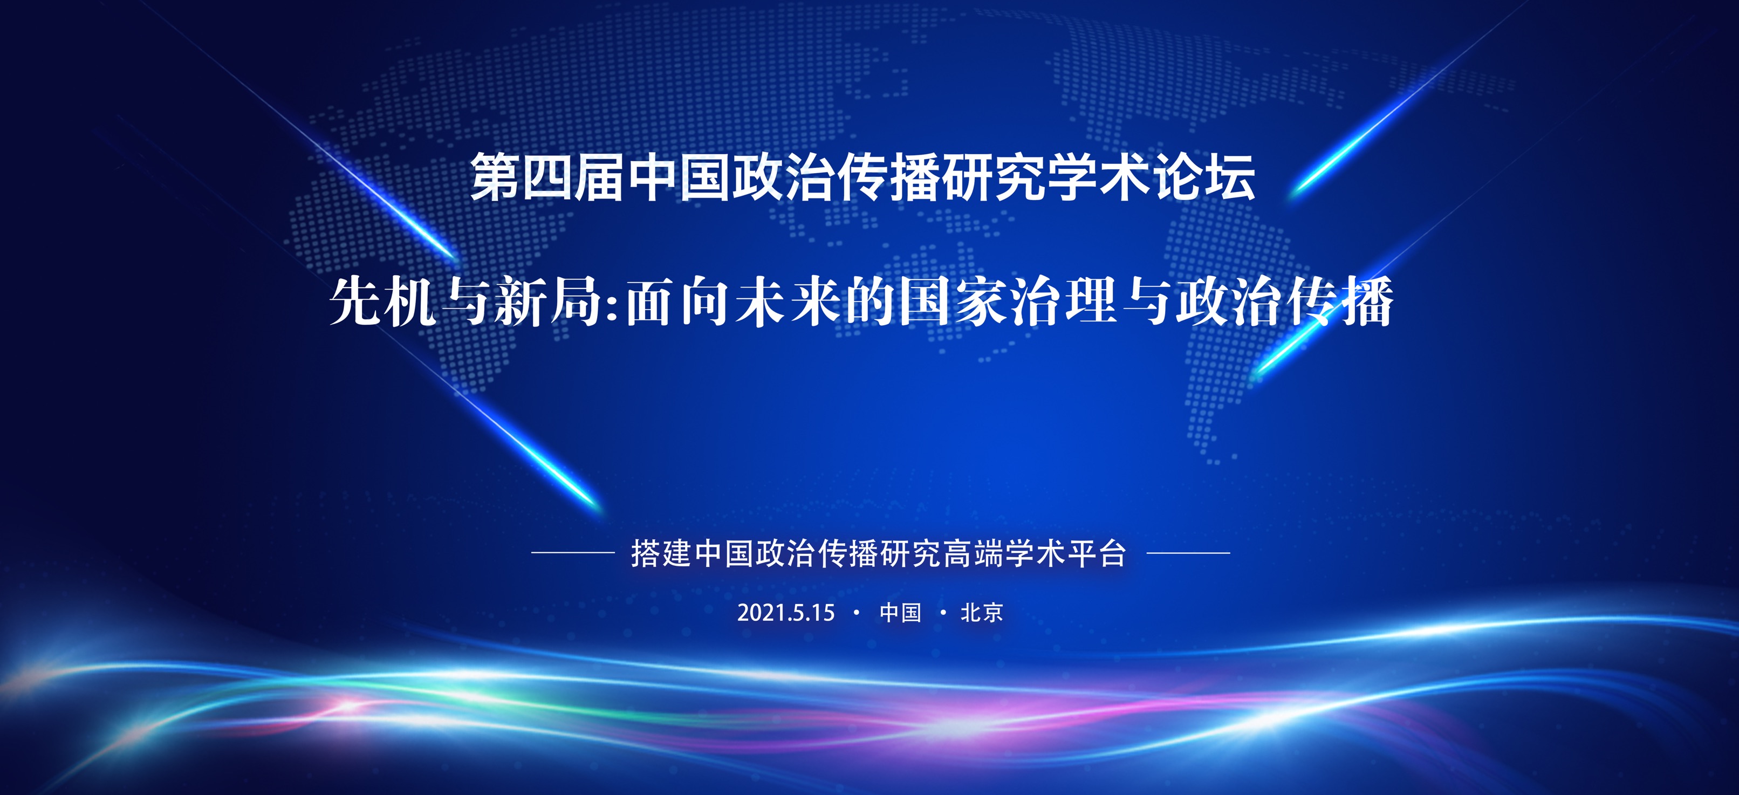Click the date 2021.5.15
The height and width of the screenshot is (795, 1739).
coord(786,613)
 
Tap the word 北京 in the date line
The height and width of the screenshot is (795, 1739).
coord(982,613)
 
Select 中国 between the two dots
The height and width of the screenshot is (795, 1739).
coord(900,613)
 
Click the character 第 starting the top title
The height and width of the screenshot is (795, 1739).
coord(496,177)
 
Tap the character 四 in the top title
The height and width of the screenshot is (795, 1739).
coord(547,177)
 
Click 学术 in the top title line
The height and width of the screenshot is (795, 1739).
coord(1100,177)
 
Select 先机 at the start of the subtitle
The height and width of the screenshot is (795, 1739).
coord(383,301)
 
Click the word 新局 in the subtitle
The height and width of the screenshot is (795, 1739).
coord(547,301)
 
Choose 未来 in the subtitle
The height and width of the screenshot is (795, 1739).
coord(788,301)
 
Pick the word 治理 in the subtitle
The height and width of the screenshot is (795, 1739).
coord(1062,301)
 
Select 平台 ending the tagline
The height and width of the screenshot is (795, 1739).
coord(1098,553)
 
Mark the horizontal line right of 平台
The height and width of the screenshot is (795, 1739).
coord(1188,553)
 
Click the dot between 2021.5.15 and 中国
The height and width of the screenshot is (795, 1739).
coord(857,613)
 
